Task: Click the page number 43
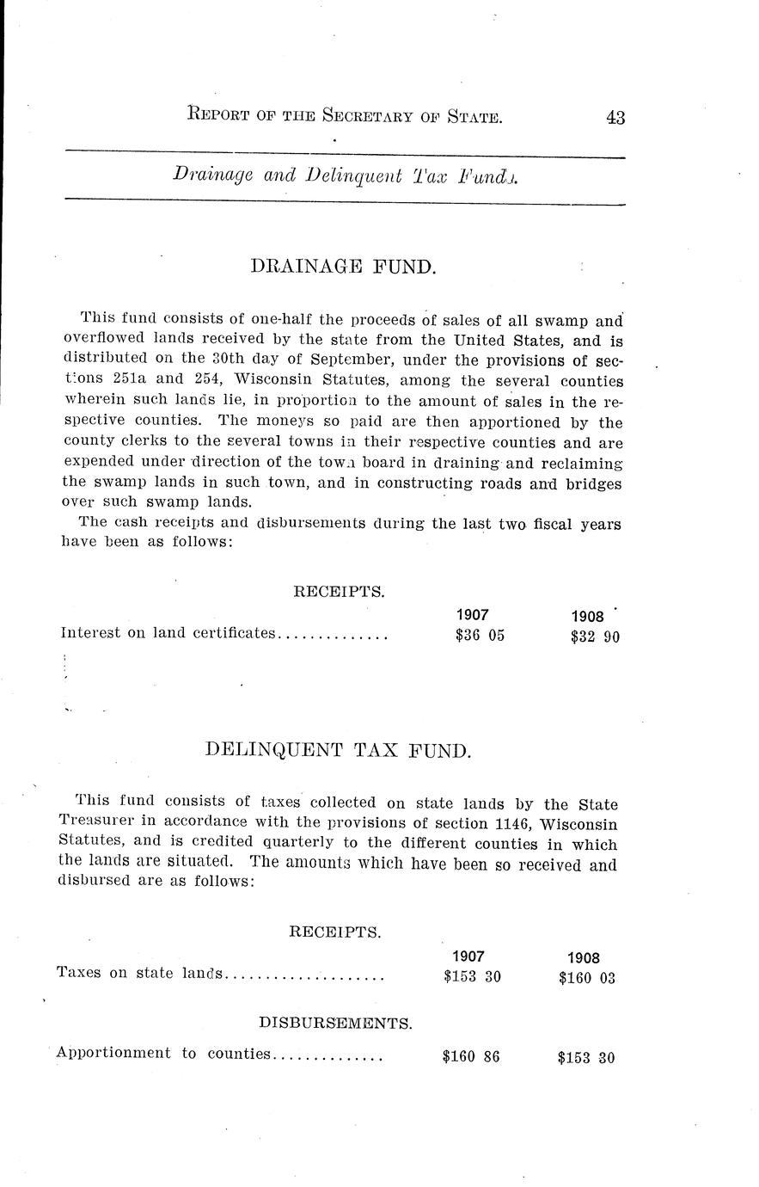point(614,118)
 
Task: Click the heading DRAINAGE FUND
point(344,267)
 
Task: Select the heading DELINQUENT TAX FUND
point(339,750)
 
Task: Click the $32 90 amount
point(595,637)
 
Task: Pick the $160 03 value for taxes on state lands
point(586,978)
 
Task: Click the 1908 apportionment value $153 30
point(586,1058)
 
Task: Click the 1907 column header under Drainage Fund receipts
point(473,615)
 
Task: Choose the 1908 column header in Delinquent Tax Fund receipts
point(584,958)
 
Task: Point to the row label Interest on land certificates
point(168,634)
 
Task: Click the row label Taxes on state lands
point(139,974)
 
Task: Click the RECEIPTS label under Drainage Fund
point(339,592)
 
